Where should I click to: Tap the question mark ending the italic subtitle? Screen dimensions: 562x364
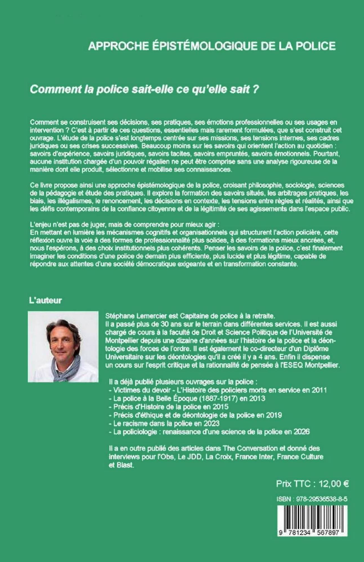tap(255, 89)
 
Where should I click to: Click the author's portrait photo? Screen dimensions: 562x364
tap(63, 346)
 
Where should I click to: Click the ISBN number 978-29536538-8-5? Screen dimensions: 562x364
tap(318, 499)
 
